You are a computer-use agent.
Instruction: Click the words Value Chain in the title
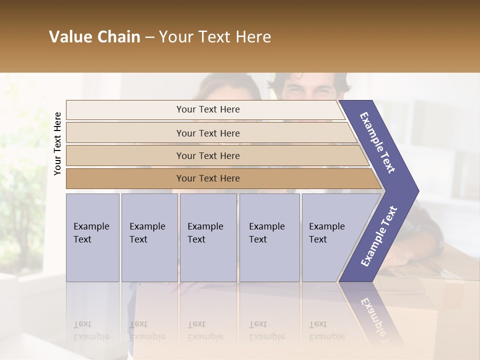point(94,37)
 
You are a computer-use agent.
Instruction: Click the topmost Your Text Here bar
point(207,109)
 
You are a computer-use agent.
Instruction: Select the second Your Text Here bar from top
point(207,133)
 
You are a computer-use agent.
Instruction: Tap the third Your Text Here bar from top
point(207,156)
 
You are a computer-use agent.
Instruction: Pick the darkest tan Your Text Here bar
point(207,178)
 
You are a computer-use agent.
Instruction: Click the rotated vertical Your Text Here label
point(57,143)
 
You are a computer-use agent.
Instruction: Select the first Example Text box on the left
point(92,237)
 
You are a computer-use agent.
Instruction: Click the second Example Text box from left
point(149,237)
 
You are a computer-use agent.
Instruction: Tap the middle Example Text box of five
point(207,237)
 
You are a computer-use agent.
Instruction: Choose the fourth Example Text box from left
point(269,237)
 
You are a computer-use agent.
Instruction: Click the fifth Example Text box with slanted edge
point(330,237)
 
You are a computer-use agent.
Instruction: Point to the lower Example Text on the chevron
point(379,236)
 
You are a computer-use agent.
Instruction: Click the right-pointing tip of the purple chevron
point(416,191)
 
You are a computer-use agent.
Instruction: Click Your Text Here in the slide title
point(215,37)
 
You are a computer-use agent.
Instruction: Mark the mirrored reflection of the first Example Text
point(91,330)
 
